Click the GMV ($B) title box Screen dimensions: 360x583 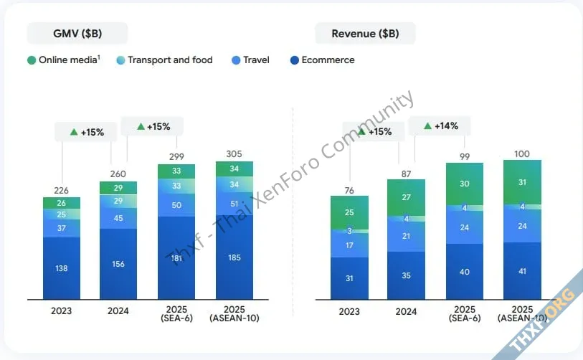(x=77, y=33)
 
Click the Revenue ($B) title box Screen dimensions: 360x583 (x=365, y=33)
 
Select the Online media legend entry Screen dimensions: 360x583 (x=64, y=60)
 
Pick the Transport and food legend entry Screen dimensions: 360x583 (x=164, y=60)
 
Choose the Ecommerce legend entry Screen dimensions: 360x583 (x=323, y=60)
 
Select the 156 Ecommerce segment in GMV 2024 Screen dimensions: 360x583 (x=118, y=263)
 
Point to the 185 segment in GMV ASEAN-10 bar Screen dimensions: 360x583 (x=234, y=257)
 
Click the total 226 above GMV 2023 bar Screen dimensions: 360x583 (x=62, y=190)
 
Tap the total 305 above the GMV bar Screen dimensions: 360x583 (x=234, y=153)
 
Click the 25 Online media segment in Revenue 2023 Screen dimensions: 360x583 (x=349, y=213)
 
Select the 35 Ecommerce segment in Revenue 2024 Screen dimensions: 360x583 (x=407, y=275)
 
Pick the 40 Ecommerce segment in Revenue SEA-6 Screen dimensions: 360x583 (x=465, y=271)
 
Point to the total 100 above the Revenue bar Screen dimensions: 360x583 (x=522, y=153)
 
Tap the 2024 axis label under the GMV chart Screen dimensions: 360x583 (x=118, y=311)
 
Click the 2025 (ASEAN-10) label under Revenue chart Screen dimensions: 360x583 (x=522, y=316)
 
